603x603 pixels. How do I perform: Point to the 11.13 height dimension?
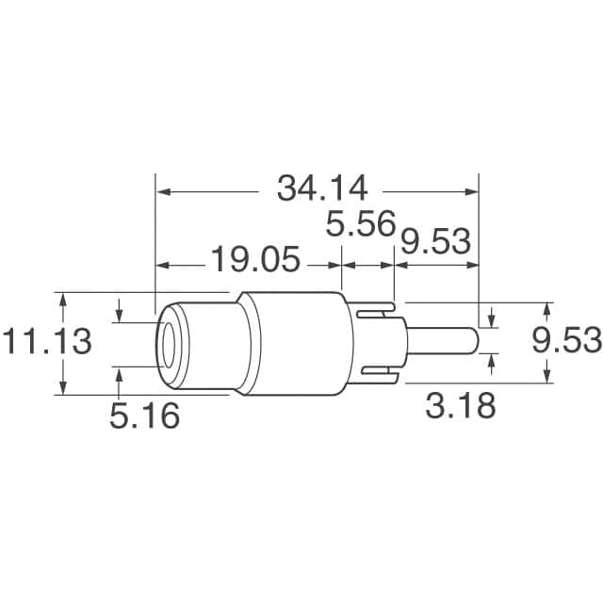pos(46,341)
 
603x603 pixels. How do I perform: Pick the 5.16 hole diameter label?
pos(144,416)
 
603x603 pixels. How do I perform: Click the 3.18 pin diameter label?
pos(460,407)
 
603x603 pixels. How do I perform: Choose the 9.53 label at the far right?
pos(565,341)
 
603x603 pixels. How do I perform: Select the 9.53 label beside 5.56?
pos(435,242)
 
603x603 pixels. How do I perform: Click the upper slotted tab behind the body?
pos(377,306)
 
